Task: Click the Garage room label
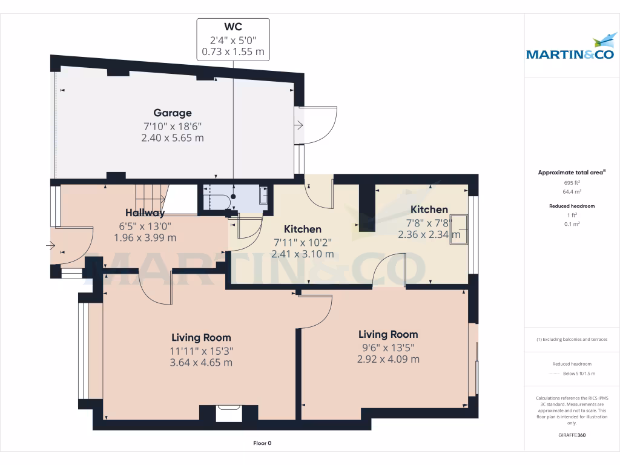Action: tap(173, 113)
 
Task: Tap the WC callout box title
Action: tap(233, 28)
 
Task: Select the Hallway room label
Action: tap(145, 213)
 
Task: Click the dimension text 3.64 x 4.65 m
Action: tap(202, 363)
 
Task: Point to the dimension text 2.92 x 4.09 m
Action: tap(388, 359)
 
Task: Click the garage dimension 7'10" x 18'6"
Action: tap(173, 126)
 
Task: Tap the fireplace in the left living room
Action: tap(229, 413)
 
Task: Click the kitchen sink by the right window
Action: tap(459, 229)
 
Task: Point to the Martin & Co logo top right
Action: tap(570, 48)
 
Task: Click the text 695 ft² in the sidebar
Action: tap(572, 182)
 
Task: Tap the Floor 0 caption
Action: tap(262, 443)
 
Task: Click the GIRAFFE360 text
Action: tap(572, 435)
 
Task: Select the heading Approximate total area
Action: tap(571, 173)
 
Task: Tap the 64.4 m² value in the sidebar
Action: tap(572, 191)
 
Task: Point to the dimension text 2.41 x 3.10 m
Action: tap(303, 254)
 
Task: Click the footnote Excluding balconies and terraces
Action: tap(572, 340)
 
